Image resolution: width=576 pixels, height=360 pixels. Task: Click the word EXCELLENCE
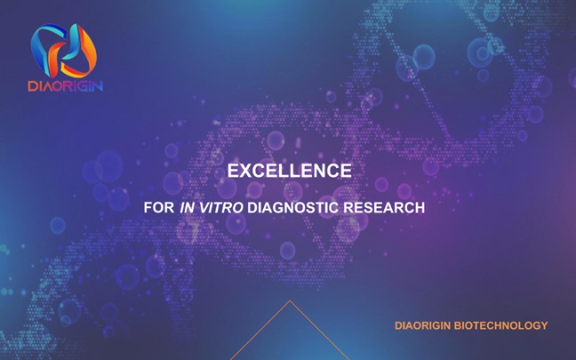[290, 171]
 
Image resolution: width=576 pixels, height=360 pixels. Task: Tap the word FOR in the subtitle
[159, 207]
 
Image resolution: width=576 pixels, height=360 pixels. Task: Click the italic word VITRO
[221, 207]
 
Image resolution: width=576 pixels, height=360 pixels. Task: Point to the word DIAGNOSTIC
[292, 207]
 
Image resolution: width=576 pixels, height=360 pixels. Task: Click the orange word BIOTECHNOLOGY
[501, 325]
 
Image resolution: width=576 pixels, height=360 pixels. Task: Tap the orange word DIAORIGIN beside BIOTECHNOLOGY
[423, 325]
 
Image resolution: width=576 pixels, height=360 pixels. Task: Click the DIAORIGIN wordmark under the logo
[66, 86]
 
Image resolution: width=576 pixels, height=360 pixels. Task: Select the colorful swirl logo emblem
[63, 51]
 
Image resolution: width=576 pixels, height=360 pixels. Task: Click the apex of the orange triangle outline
[290, 300]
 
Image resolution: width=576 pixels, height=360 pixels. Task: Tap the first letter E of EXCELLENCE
[233, 171]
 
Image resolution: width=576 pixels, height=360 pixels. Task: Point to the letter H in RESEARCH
[420, 207]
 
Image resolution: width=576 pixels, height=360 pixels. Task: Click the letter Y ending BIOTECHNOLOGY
[544, 325]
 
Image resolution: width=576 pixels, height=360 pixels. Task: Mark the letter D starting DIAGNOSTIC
[252, 207]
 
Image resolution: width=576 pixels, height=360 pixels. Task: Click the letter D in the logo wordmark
[32, 86]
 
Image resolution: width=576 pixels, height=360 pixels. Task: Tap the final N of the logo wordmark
[99, 86]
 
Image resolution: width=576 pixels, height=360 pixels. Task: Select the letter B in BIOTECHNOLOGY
[458, 325]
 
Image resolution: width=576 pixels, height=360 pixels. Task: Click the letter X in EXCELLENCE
[247, 171]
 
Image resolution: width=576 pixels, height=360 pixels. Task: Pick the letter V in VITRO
[204, 207]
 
